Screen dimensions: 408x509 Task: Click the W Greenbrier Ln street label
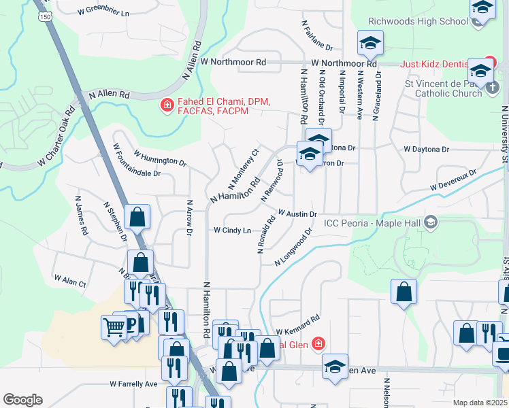click(103, 12)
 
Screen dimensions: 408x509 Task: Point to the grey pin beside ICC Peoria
click(430, 222)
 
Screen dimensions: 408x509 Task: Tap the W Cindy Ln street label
click(233, 231)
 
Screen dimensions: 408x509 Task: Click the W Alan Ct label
click(70, 281)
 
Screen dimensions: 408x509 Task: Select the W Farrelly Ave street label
click(133, 384)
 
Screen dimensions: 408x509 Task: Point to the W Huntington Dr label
click(160, 158)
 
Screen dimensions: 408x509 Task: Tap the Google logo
click(22, 400)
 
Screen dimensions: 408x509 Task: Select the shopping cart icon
click(114, 328)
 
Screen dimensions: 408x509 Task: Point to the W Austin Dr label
click(297, 214)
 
